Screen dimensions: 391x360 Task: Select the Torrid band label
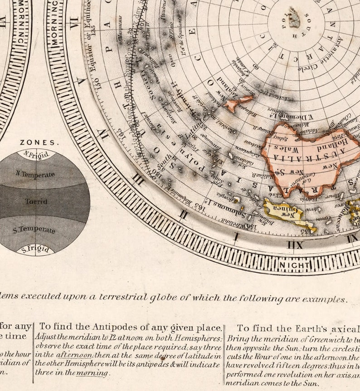pos(36,201)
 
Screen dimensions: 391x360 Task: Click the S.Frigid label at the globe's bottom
pos(35,249)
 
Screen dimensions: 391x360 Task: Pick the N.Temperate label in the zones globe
pos(35,174)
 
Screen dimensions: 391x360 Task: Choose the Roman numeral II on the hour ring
pos(183,214)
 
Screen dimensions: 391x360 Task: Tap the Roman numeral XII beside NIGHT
pos(295,245)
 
